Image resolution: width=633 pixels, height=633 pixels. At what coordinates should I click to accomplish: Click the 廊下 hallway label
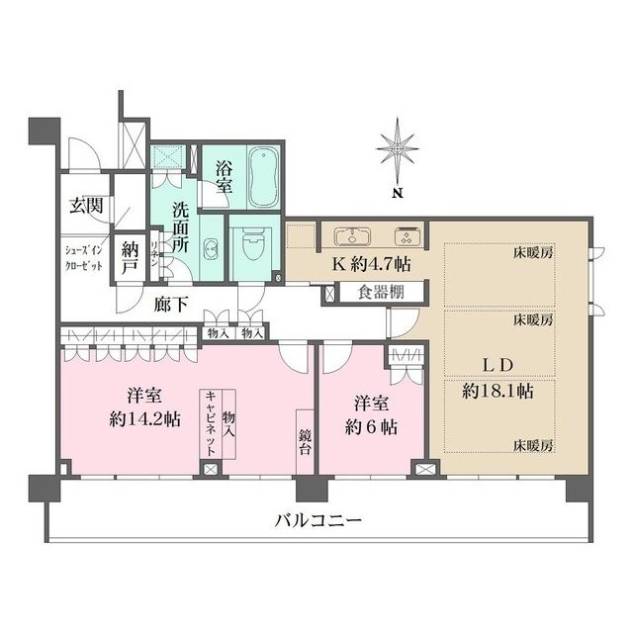click(172, 307)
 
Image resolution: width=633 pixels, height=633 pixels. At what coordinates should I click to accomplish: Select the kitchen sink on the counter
click(353, 236)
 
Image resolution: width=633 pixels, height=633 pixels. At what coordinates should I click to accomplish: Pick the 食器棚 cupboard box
click(380, 293)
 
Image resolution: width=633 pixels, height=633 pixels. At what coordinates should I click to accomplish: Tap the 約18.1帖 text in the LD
click(498, 391)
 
